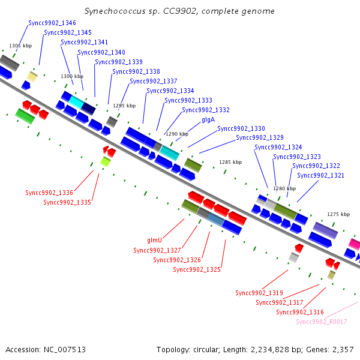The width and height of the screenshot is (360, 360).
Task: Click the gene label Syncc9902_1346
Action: coord(52,23)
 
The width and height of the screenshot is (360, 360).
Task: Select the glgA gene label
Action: coord(208,120)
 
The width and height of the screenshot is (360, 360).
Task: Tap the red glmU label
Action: coord(155,240)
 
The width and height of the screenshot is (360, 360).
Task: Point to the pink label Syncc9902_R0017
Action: coord(322,322)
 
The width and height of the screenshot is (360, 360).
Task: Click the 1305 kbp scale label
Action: coord(20,46)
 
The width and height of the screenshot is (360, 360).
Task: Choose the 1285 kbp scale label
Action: coord(230,162)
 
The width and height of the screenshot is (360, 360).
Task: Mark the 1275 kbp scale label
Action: coord(338,214)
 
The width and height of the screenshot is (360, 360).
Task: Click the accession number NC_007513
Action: coord(65,350)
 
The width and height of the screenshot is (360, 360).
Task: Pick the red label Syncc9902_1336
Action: coord(49,193)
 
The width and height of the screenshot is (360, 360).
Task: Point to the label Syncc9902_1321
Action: coord(321,175)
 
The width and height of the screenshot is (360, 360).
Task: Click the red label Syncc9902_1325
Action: coord(197,269)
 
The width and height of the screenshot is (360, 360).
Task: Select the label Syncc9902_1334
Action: coord(170,91)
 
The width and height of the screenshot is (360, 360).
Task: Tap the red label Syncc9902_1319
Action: coord(259,293)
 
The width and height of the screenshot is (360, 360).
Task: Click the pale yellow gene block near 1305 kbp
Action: coord(32,77)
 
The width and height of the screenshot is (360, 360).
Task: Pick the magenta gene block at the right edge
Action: coord(355,244)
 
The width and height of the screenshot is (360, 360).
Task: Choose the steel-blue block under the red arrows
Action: coord(216,220)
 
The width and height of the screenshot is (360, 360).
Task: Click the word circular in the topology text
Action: coord(206,350)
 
